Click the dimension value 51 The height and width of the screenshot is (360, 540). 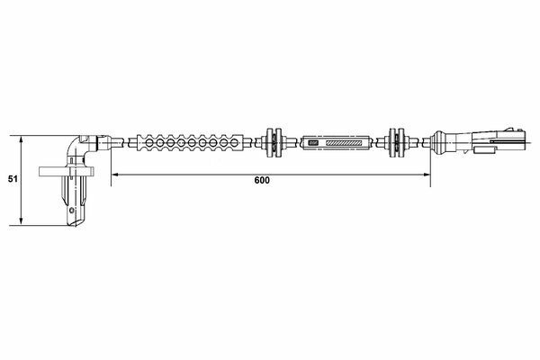(x=13, y=179)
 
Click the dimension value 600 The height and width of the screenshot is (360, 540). (x=262, y=180)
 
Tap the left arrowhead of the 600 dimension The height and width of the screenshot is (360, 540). (x=115, y=175)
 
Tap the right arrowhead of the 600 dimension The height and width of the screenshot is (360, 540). (x=427, y=175)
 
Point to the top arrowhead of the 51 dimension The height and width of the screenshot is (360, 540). (x=22, y=139)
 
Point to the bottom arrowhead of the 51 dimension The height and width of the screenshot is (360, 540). (x=22, y=221)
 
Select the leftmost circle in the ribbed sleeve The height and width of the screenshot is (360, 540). (x=149, y=142)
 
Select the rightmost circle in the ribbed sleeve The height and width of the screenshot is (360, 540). (x=235, y=142)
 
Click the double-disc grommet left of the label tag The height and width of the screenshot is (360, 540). (x=274, y=142)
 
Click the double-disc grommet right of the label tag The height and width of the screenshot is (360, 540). (x=397, y=142)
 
